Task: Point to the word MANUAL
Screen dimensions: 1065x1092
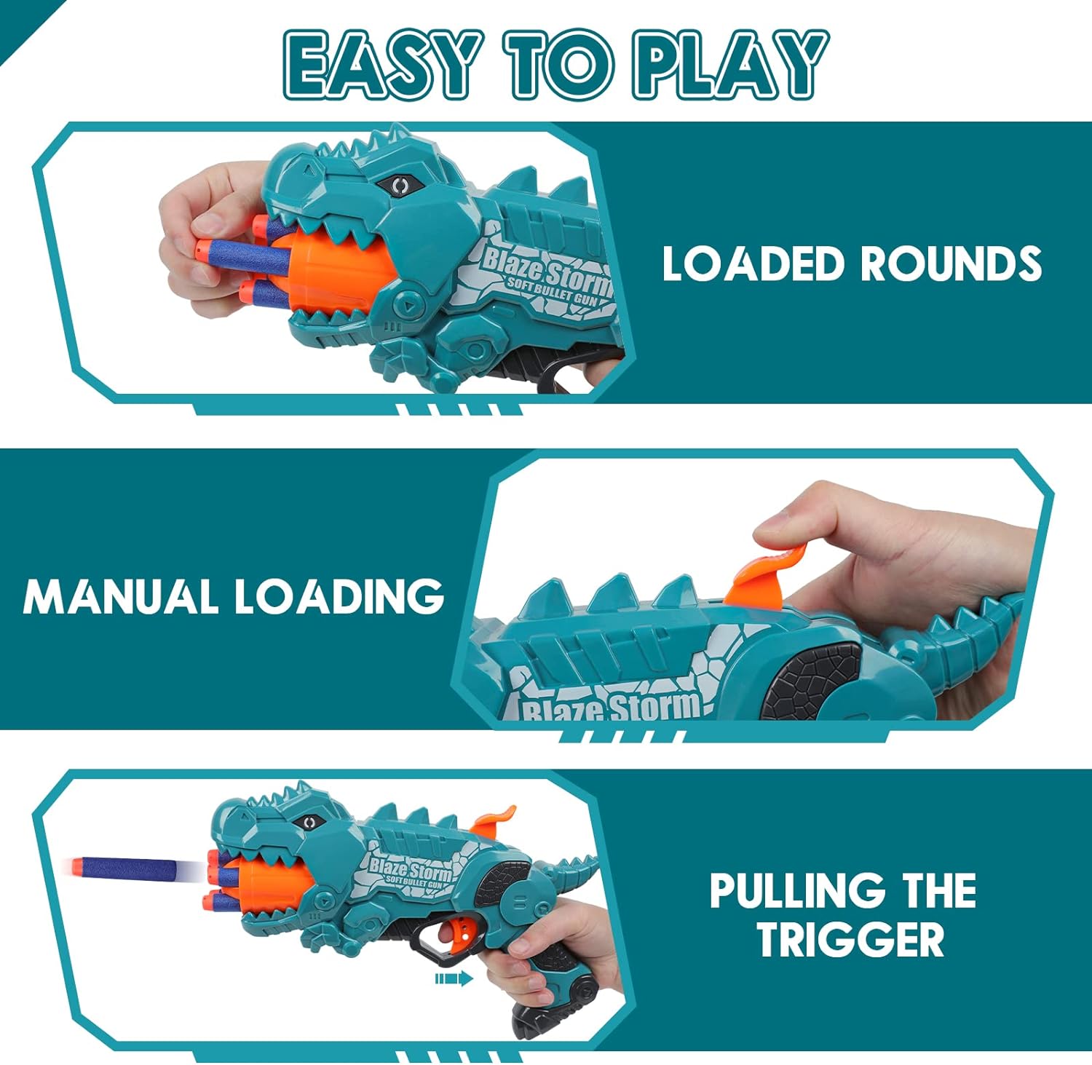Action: pos(121,597)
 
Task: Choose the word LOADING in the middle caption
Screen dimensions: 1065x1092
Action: pos(339,597)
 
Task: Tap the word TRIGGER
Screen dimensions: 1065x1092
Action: pos(850,939)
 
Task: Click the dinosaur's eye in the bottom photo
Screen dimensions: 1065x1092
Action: pos(310,823)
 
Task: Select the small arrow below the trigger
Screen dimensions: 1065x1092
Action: pos(454,979)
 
